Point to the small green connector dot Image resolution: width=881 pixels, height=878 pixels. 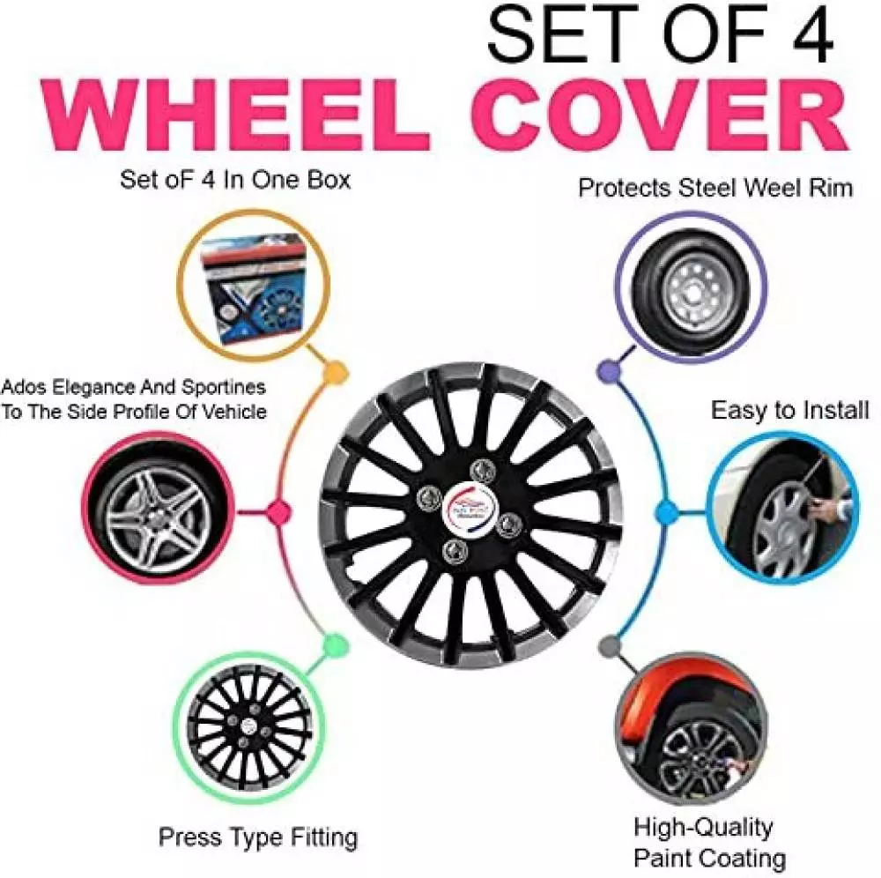click(331, 647)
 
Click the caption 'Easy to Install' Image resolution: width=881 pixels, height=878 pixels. click(789, 411)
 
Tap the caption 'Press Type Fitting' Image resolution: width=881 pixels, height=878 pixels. click(257, 836)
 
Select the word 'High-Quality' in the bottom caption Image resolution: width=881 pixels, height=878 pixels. click(702, 827)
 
